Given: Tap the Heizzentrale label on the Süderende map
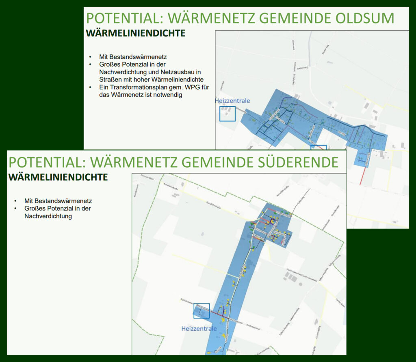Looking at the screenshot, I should (199, 328).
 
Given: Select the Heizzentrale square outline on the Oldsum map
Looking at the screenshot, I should (227, 114).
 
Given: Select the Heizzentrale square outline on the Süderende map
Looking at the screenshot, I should (201, 311).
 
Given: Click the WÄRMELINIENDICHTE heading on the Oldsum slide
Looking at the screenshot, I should (136, 33).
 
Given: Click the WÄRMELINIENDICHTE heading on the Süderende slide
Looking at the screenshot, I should (58, 177).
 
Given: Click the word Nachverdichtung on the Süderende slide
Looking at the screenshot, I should (48, 216).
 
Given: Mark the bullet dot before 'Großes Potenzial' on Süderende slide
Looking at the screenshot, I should (15, 209).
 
